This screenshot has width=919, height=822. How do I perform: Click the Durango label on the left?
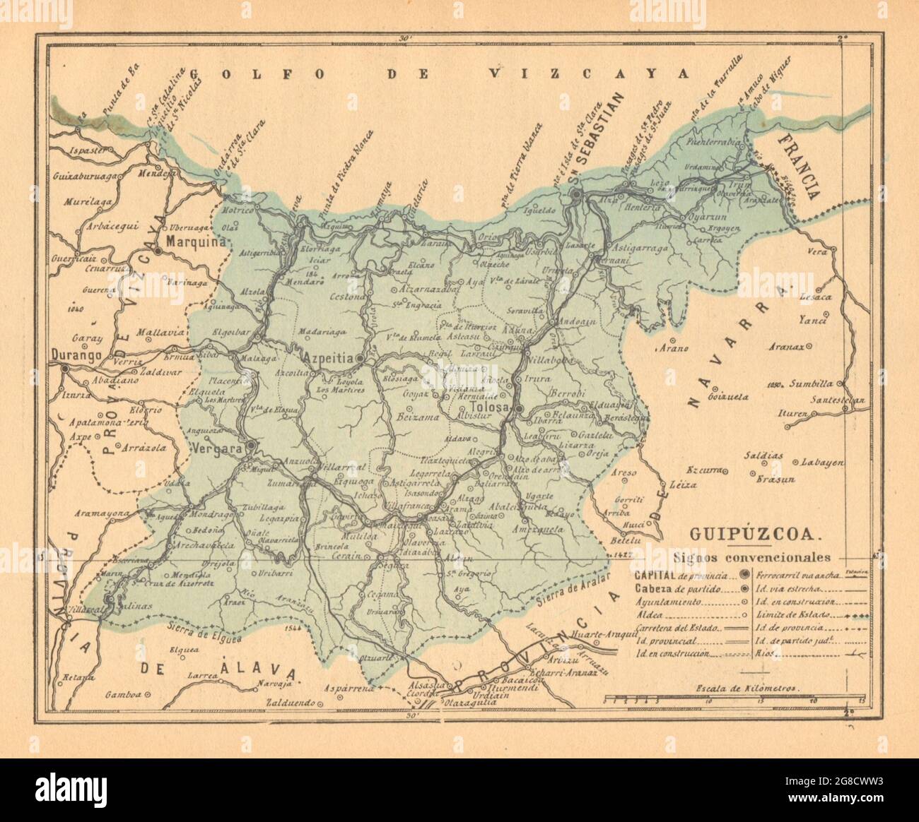pos(76,353)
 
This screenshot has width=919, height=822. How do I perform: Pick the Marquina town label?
pos(194,242)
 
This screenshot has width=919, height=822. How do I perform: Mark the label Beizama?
pos(402,417)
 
